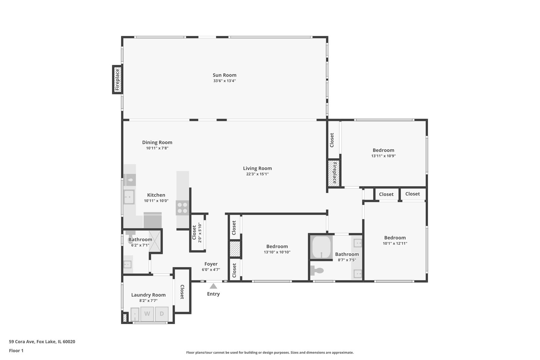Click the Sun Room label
coord(224,75)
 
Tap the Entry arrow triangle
coord(213,286)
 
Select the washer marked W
coord(147,314)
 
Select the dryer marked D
coord(162,314)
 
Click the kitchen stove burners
coord(182,208)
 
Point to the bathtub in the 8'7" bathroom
coord(321,247)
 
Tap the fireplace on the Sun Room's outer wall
coord(117,80)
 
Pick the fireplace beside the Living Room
coord(334,173)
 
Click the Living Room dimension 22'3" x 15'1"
coord(257,174)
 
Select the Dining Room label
coord(157,142)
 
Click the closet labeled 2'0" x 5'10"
coord(197,232)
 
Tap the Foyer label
coord(211,264)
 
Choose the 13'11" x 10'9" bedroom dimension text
coord(383,156)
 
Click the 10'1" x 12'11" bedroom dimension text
coord(395,243)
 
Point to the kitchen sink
coord(129,197)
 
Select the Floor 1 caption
coord(16,351)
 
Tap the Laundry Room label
coord(148,295)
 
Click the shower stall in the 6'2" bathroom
coord(155,241)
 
